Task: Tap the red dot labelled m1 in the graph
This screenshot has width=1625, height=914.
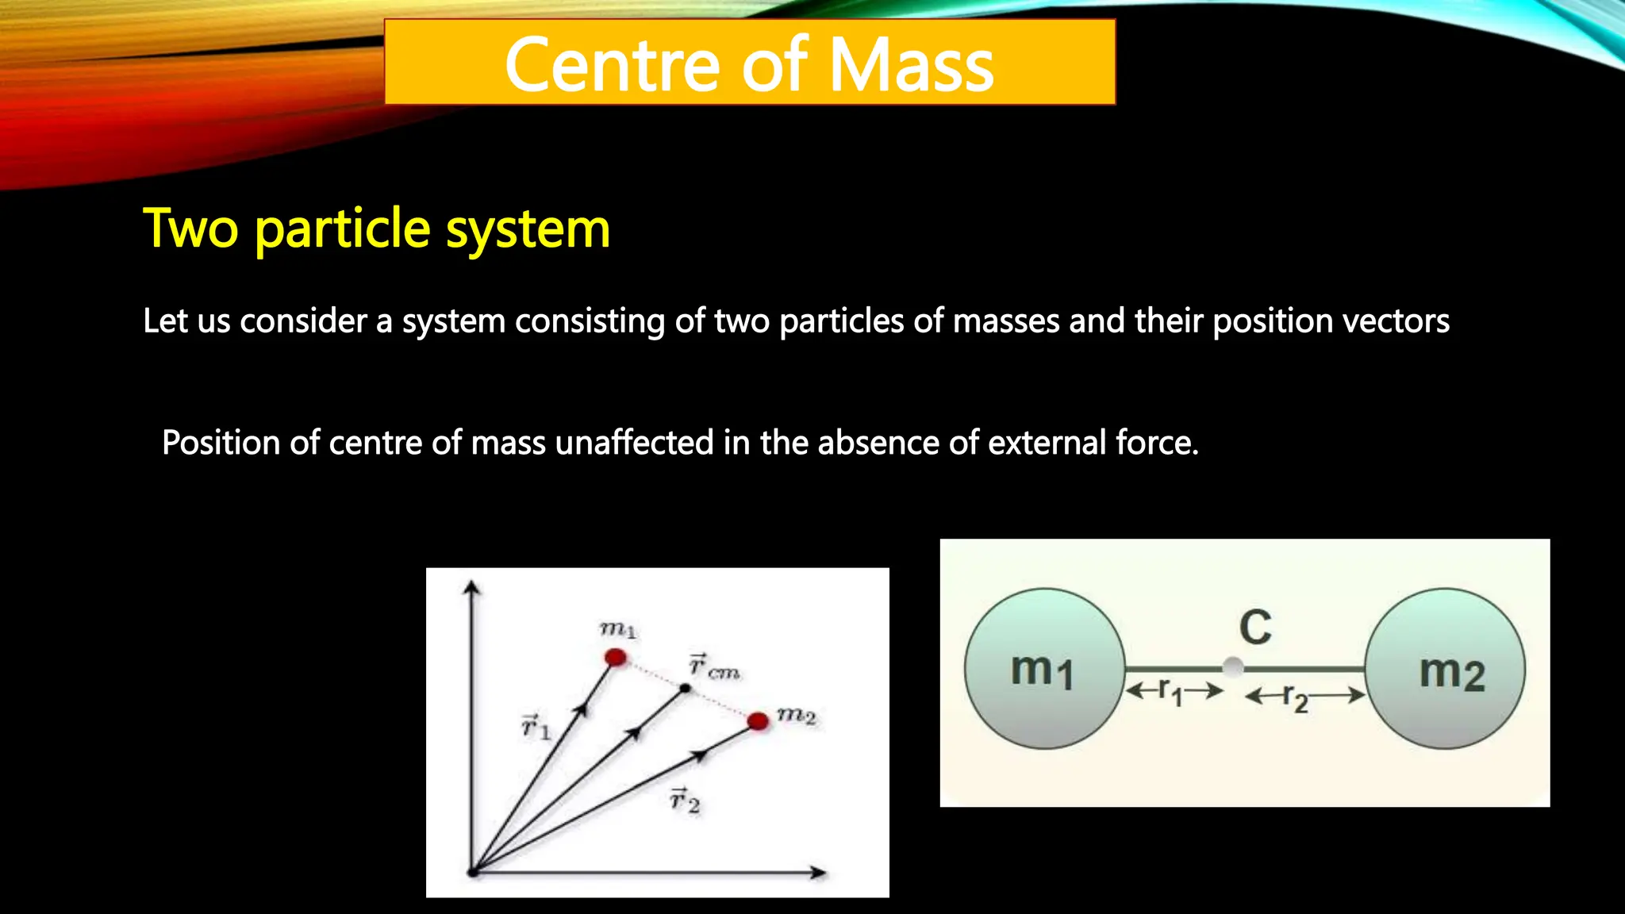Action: pos(616,657)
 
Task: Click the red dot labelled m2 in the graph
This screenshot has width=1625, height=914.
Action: pos(758,720)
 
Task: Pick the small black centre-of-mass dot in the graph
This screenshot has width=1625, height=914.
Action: pos(686,688)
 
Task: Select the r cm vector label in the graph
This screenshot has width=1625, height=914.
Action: pos(713,666)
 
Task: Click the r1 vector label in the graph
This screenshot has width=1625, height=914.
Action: pos(536,726)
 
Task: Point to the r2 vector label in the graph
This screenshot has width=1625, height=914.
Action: pos(684,800)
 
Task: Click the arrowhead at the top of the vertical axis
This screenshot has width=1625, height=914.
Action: pos(472,588)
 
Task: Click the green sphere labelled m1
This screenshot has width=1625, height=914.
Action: pos(1044,669)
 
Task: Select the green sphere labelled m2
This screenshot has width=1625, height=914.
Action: pos(1445,669)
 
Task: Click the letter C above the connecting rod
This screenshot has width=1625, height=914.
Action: pos(1255,628)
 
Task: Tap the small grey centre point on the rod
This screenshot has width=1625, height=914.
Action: pos(1233,667)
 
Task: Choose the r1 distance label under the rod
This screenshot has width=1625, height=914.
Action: pos(1170,692)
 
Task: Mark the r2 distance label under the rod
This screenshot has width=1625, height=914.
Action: pos(1296,698)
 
